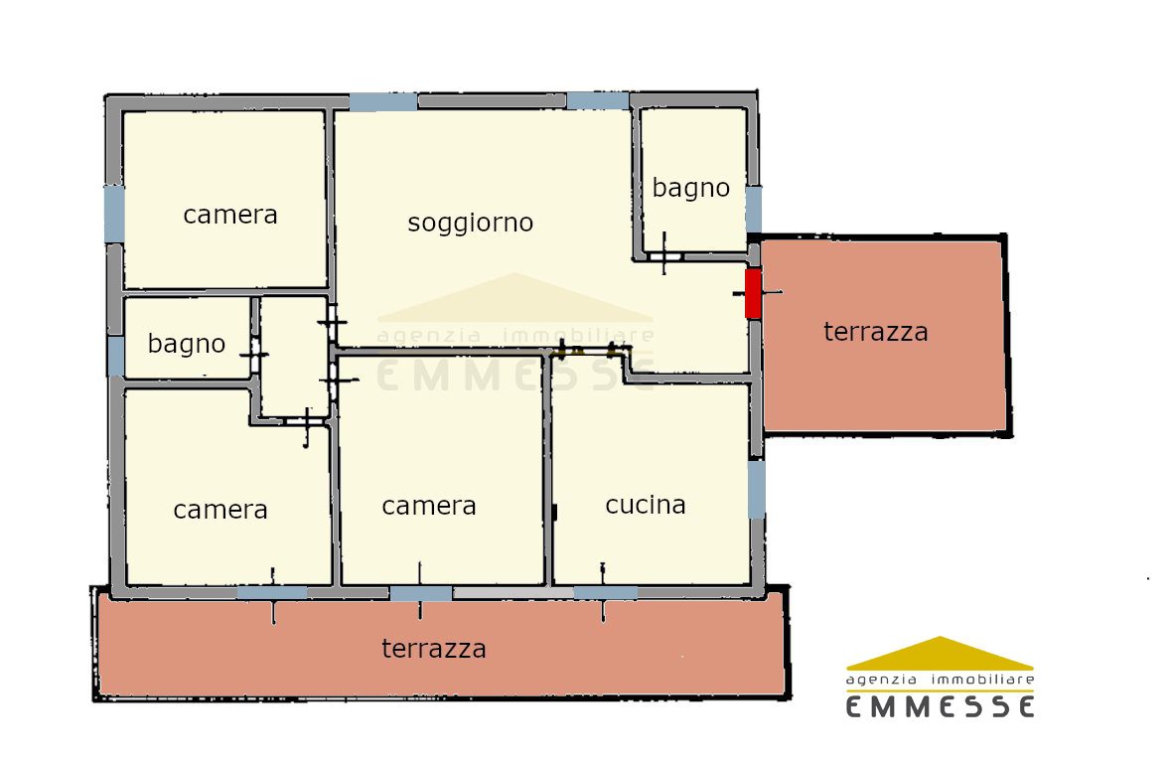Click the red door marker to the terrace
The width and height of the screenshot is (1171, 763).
point(753,293)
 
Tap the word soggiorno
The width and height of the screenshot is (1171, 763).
point(471,224)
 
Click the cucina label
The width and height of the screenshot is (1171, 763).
point(646,505)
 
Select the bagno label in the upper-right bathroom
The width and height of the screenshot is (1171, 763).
point(691,189)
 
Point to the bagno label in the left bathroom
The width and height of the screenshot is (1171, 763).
point(187,345)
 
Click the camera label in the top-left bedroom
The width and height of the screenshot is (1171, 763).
point(230,216)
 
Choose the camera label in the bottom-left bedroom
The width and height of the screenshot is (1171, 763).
point(220,511)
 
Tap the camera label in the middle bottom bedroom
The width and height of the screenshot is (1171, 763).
point(429,507)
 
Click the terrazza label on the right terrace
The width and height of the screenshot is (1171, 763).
point(876,332)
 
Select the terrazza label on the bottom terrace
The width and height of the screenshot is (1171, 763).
point(434,649)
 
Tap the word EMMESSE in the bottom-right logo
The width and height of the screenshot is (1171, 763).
point(941,706)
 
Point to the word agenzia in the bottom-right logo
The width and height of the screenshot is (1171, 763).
point(881,681)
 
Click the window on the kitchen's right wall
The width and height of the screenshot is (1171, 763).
point(757,489)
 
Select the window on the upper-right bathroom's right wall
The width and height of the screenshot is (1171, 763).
point(754,210)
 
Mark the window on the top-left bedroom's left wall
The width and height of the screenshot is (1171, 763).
point(114,214)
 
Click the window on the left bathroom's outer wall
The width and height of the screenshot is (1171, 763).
point(116,356)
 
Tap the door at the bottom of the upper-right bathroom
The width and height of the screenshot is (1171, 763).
point(664,256)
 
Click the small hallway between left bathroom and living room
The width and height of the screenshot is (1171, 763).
point(294,356)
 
